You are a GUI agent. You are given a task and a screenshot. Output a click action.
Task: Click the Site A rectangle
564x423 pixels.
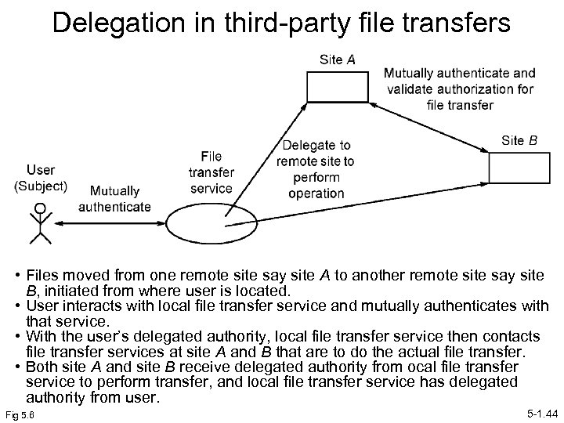338,85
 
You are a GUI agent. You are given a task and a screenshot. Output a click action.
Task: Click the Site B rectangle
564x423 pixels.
520,168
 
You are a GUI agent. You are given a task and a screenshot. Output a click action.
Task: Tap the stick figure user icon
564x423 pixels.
39,223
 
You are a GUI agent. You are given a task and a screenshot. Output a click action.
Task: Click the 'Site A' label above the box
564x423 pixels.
338,60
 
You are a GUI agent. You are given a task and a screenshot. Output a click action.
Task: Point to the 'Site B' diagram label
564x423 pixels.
519,141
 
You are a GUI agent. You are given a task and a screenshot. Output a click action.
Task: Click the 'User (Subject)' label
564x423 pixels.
41,178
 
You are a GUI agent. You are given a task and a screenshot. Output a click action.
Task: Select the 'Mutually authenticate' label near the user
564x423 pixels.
115,199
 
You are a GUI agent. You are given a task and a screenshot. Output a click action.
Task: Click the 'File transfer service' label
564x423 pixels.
211,172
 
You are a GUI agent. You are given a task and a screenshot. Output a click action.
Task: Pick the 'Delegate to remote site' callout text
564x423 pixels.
316,169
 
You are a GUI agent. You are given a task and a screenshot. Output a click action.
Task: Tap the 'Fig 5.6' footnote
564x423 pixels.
24,412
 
